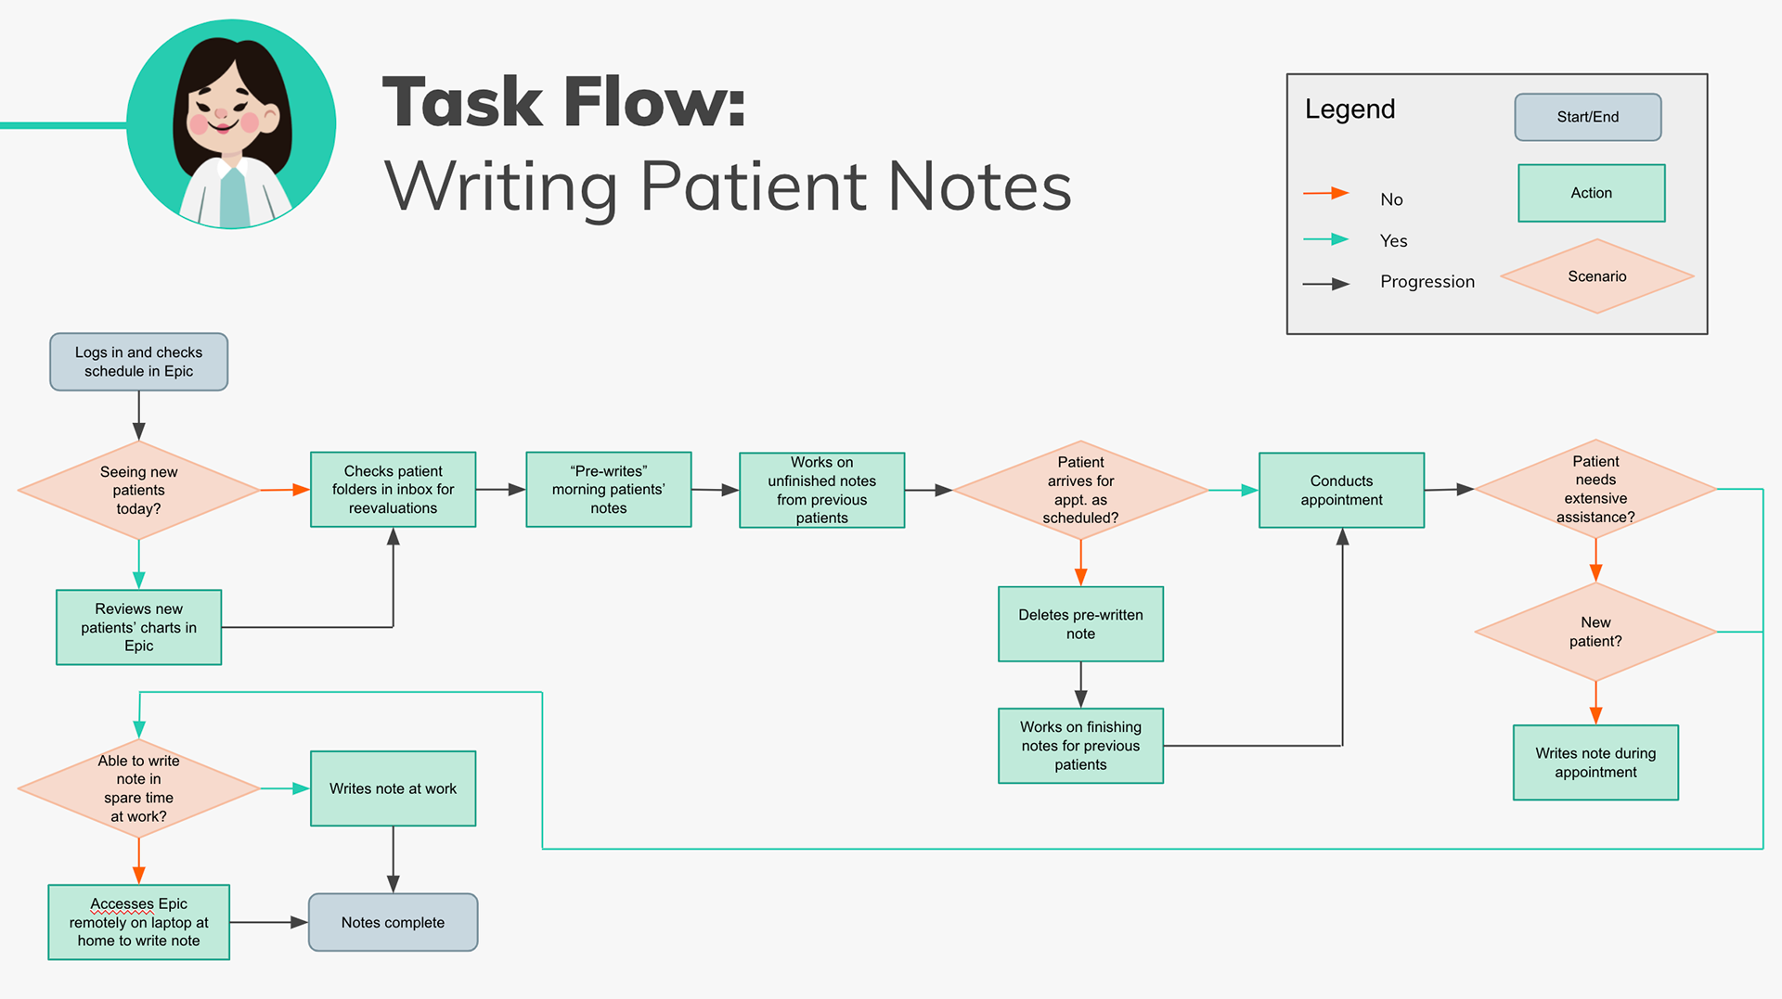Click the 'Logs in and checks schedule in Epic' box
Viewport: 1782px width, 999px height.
[x=138, y=362]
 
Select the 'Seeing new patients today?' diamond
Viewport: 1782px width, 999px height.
[x=138, y=490]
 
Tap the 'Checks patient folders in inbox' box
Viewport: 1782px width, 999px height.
[x=393, y=490]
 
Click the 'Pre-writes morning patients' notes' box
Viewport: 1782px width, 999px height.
[x=609, y=490]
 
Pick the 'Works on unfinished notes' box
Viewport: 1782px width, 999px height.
[x=821, y=490]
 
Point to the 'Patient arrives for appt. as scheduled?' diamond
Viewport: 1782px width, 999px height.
[x=1080, y=490]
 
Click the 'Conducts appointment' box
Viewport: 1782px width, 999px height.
[x=1341, y=490]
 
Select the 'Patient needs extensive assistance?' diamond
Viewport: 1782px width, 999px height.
[x=1595, y=489]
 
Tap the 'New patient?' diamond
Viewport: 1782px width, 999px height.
[x=1595, y=632]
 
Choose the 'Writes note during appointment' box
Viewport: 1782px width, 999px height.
[x=1595, y=762]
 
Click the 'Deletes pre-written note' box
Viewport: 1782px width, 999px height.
[x=1080, y=624]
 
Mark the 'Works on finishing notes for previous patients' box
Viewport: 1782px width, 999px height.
[x=1080, y=746]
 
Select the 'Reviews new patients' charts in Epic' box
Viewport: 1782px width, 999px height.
[x=138, y=627]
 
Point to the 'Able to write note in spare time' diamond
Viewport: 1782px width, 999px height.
[x=138, y=788]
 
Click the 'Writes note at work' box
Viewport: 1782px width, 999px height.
[x=393, y=788]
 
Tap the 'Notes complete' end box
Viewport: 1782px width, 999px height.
[x=393, y=922]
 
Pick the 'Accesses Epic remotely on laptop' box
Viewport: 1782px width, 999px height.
[x=138, y=922]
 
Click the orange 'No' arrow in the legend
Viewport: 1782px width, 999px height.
[x=1325, y=193]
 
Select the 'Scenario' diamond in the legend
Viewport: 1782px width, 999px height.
[x=1597, y=276]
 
